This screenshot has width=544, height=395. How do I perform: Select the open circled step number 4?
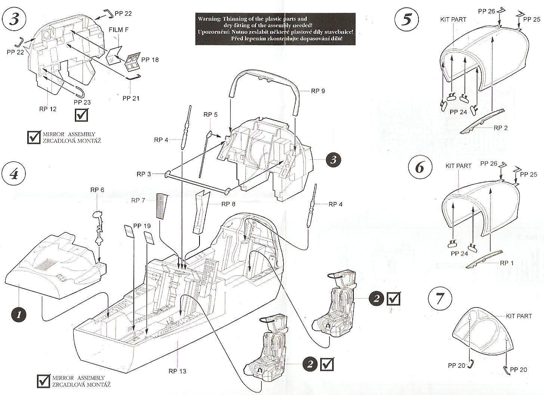pos(14,174)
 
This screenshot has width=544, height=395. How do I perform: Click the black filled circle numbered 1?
pos(21,314)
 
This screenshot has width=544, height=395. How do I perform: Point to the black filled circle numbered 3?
pos(333,160)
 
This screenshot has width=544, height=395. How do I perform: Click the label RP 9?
pos(318,91)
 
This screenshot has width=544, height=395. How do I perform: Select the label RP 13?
pos(177,371)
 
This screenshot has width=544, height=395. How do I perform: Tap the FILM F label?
pos(119,30)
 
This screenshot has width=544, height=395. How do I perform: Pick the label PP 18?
pos(150,60)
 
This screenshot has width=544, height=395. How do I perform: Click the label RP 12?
pos(48,109)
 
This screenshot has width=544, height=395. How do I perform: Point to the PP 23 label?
pos(82,102)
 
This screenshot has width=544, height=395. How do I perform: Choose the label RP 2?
pos(501,128)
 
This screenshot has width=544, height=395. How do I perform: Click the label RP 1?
pos(507,263)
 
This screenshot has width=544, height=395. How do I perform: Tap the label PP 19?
pos(142,226)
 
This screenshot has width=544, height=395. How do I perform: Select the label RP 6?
pos(97,190)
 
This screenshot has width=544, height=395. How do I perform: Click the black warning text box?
pos(275,28)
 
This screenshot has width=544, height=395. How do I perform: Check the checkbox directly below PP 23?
pos(82,114)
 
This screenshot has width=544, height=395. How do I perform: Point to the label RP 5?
pos(210,114)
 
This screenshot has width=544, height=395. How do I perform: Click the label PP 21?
pos(130,98)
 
